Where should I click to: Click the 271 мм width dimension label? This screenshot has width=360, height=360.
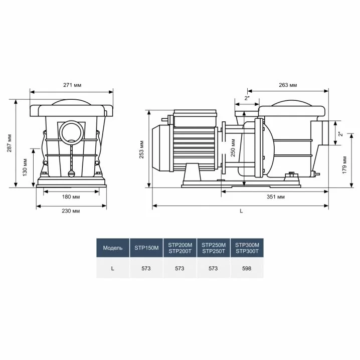tap(72, 85)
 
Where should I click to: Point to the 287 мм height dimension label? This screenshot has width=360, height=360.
tap(9, 143)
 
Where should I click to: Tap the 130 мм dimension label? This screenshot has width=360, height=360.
tap(25, 167)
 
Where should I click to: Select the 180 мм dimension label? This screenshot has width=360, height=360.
tap(71, 197)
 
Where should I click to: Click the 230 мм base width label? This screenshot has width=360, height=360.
tap(71, 211)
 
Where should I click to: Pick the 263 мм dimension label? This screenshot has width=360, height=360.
tap(288, 85)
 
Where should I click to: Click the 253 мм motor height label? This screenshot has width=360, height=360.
tap(141, 149)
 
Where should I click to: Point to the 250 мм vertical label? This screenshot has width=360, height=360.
tap(233, 148)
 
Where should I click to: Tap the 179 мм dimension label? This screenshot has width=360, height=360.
tap(344, 165)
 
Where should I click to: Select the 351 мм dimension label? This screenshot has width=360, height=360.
tap(276, 197)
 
